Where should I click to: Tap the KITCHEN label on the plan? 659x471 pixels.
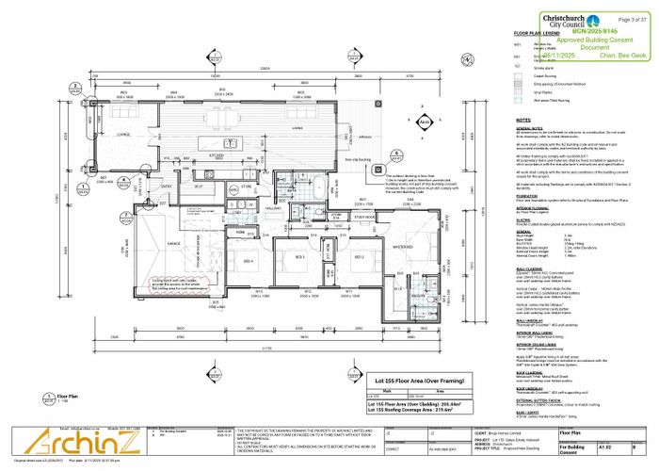[x=215, y=153]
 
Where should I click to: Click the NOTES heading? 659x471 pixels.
[x=524, y=121]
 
